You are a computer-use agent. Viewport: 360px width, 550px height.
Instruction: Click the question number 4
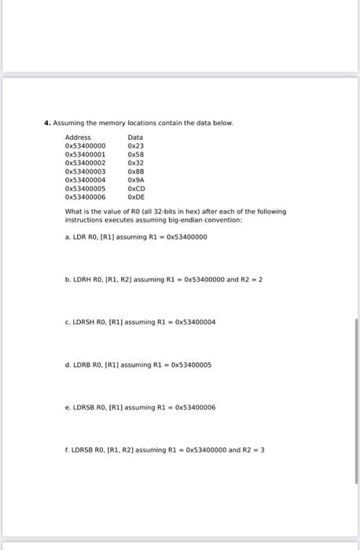coord(47,123)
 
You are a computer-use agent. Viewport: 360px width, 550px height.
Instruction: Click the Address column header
coord(78,137)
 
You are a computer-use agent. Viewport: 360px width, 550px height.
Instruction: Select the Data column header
coord(135,137)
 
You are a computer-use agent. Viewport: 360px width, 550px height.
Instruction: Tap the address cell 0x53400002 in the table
coord(85,163)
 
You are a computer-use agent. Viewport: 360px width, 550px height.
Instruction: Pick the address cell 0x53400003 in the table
coord(85,171)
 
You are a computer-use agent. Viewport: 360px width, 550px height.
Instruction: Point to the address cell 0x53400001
coord(85,154)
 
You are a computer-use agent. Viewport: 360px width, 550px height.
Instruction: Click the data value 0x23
coord(136,146)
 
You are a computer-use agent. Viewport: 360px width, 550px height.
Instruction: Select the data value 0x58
coord(136,154)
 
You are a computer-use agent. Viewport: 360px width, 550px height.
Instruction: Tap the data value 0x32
coord(136,163)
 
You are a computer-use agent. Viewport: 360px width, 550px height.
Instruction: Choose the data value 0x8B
coord(136,171)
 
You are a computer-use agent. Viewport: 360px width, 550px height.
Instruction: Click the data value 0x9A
coord(136,180)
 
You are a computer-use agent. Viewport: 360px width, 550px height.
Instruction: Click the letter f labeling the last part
coord(67,450)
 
